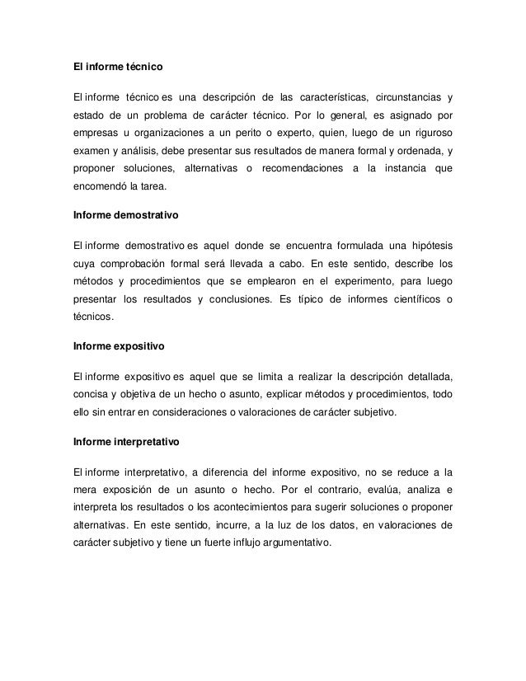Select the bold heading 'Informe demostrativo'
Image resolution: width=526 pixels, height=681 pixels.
(125, 214)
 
